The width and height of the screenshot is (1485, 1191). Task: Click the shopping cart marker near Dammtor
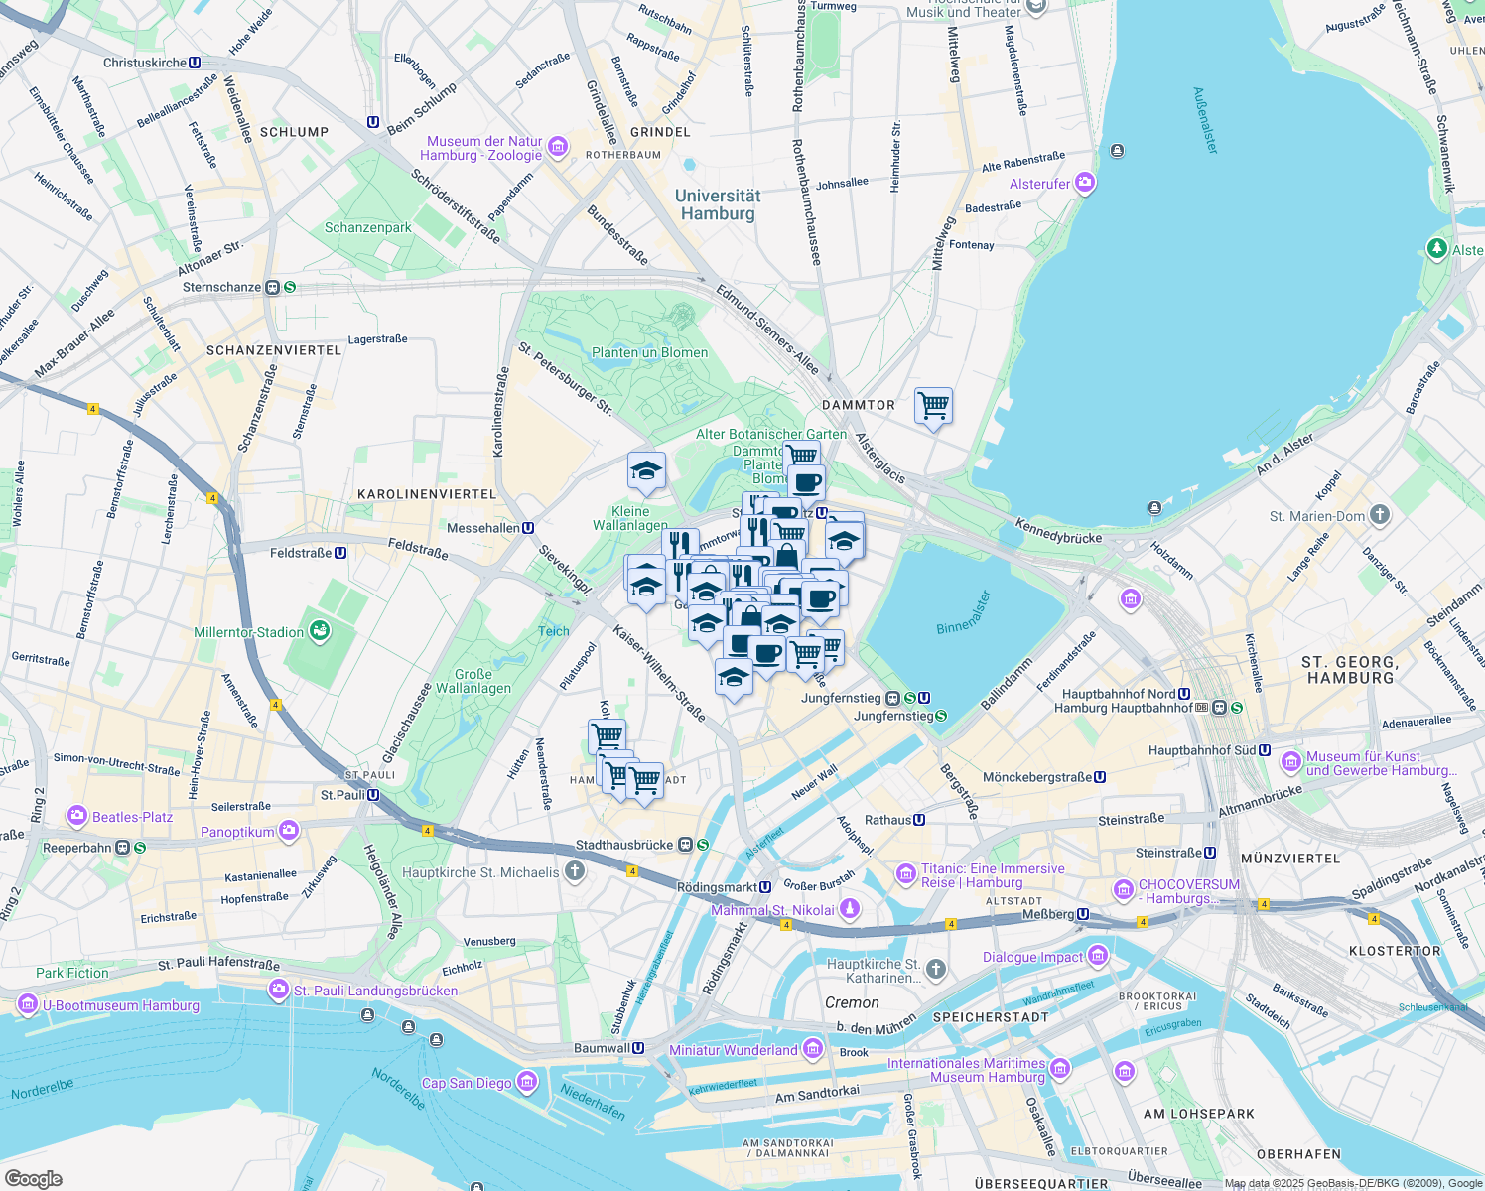pyautogui.click(x=933, y=405)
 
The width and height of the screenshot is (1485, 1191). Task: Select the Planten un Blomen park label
pyautogui.click(x=649, y=352)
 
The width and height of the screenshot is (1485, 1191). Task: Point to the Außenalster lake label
pyautogui.click(x=1205, y=120)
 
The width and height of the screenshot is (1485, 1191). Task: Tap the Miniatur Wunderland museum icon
pyautogui.click(x=813, y=1049)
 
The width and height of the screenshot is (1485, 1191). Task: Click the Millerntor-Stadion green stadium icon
pyautogui.click(x=319, y=630)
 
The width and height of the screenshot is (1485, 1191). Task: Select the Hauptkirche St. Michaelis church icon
pyautogui.click(x=574, y=872)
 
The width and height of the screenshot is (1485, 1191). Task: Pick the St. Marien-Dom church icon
pyautogui.click(x=1380, y=515)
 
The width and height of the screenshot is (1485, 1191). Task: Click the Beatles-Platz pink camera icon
pyautogui.click(x=77, y=816)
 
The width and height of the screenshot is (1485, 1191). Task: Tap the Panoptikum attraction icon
pyautogui.click(x=289, y=831)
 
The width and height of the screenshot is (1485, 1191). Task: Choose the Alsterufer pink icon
pyautogui.click(x=1084, y=183)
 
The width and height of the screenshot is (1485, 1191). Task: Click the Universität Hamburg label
pyautogui.click(x=718, y=204)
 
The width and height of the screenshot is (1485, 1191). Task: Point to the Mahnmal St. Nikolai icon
pyautogui.click(x=850, y=909)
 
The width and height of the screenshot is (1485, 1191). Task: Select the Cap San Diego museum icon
pyautogui.click(x=526, y=1081)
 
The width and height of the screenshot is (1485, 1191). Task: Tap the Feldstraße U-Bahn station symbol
pyautogui.click(x=340, y=553)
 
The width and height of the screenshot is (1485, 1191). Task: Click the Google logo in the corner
pyautogui.click(x=33, y=1178)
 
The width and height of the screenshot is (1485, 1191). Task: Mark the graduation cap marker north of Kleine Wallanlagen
pyautogui.click(x=646, y=471)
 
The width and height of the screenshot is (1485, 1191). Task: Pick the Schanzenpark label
pyautogui.click(x=367, y=227)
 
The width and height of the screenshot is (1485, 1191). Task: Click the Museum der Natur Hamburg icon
pyautogui.click(x=557, y=148)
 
